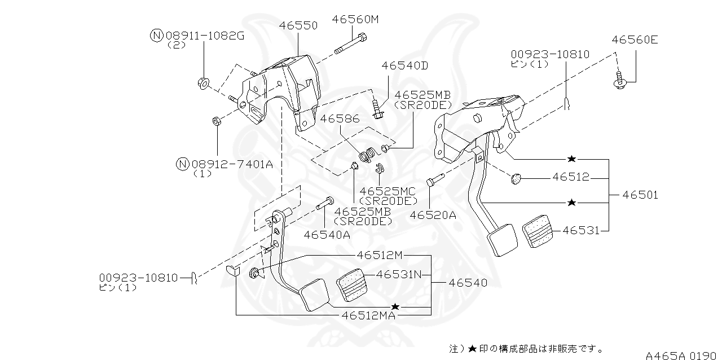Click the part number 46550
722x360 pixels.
[x=298, y=25]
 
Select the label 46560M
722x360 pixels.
[x=355, y=19]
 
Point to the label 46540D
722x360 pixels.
[x=404, y=65]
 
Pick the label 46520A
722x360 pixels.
[x=433, y=215]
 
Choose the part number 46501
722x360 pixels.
[x=640, y=195]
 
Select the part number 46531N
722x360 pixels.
[x=399, y=275]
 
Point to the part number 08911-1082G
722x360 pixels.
[x=204, y=36]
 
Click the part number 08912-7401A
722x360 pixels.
[x=232, y=164]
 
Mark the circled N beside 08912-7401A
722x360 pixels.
[x=182, y=164]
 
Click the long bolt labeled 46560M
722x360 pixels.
[x=349, y=45]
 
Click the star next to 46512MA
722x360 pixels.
[x=395, y=306]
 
